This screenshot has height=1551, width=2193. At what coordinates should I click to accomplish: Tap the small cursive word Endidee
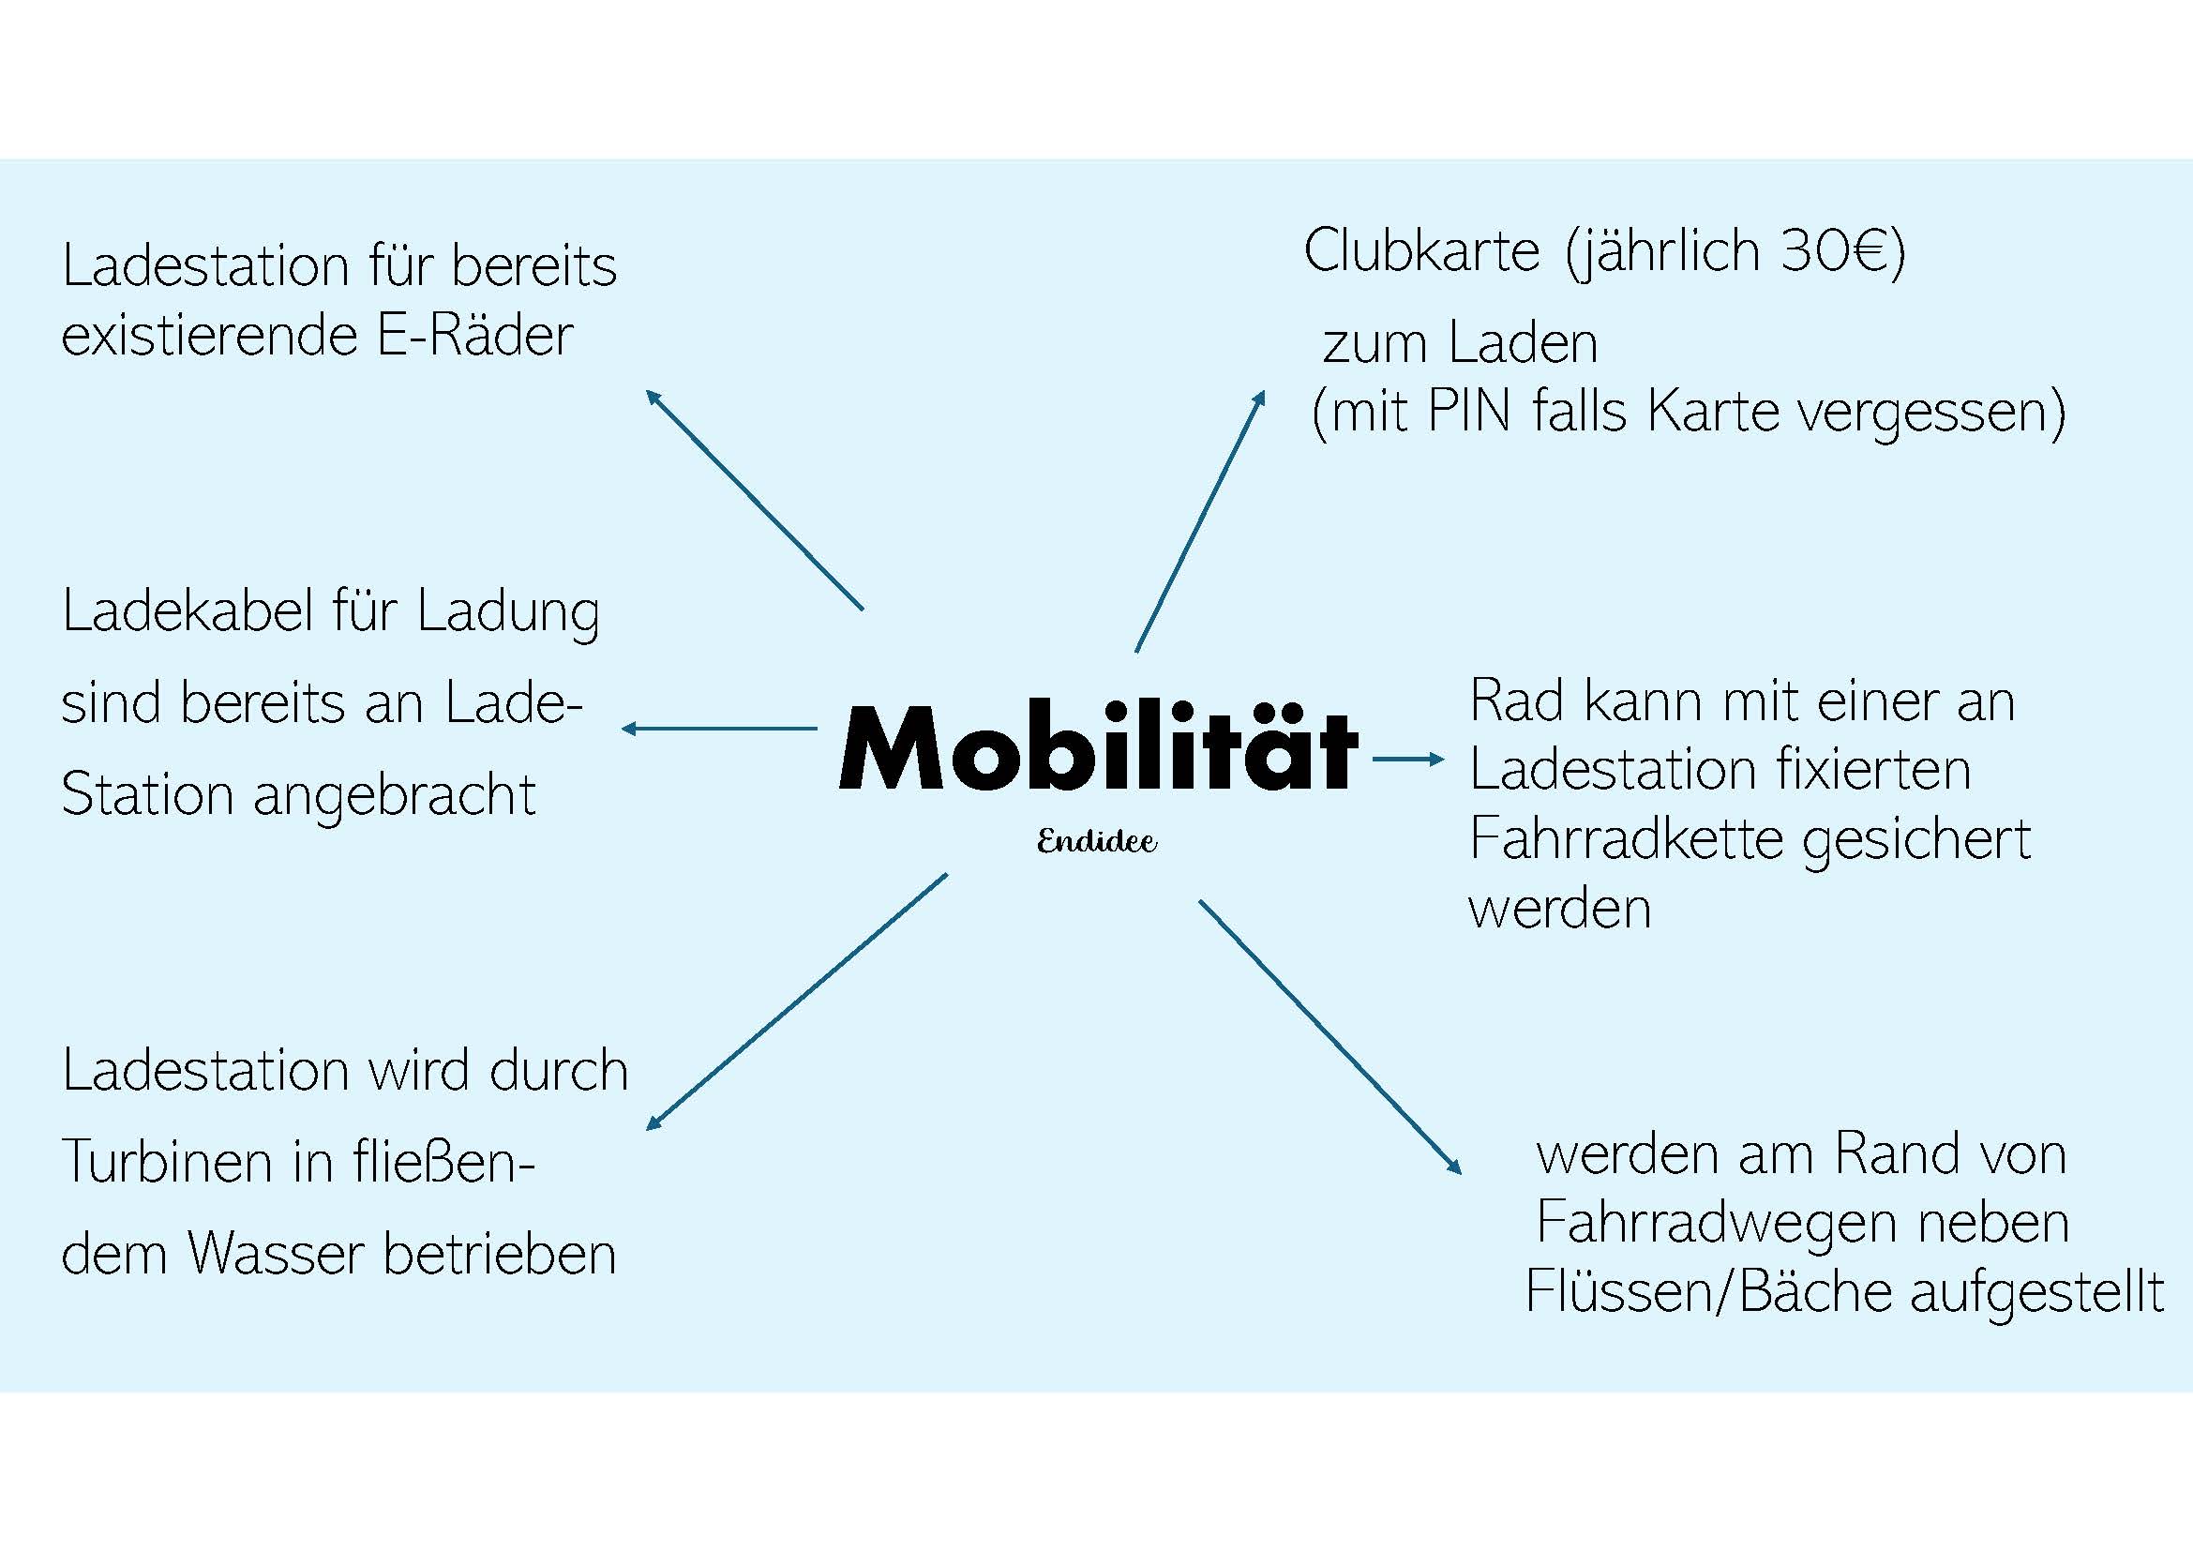(x=1097, y=841)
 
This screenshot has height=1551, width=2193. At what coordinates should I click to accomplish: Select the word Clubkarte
(x=1421, y=251)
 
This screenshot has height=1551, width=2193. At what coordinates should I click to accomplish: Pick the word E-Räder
(x=474, y=335)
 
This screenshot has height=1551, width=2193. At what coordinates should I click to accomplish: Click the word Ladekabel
(x=188, y=610)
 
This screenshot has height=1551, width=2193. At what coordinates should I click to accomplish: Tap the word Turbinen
(x=168, y=1161)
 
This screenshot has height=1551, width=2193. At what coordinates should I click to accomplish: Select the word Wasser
(x=277, y=1253)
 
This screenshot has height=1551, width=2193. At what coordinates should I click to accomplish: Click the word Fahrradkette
(x=1627, y=838)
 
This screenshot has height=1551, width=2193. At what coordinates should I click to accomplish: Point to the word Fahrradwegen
(x=1716, y=1223)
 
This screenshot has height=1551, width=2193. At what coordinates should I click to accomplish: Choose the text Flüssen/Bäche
(x=1707, y=1291)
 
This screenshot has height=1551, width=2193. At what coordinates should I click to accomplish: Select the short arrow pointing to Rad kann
(x=1409, y=760)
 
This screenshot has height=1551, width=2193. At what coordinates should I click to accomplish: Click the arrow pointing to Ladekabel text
(x=719, y=729)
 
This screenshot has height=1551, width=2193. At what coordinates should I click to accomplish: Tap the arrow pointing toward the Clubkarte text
(x=1201, y=520)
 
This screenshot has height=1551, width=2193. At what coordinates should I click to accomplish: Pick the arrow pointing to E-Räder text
(x=755, y=499)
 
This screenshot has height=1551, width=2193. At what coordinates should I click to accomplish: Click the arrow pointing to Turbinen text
(x=797, y=1001)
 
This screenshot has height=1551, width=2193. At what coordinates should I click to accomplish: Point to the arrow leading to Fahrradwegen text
(x=1330, y=1036)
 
